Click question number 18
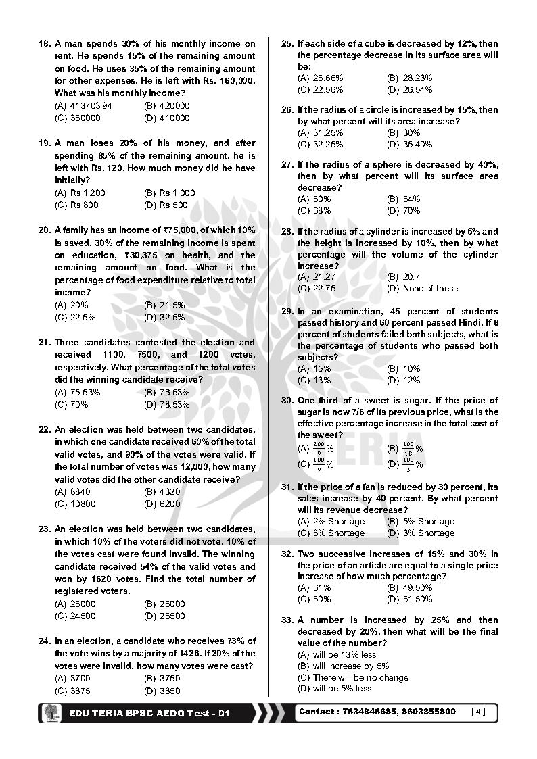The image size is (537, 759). point(45,44)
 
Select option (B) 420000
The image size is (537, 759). point(166,106)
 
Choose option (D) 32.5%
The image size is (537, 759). point(164,317)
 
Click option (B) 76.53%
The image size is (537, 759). point(166,393)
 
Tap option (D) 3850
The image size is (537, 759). point(162,691)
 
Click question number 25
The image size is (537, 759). point(287,44)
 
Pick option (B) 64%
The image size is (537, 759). point(403,199)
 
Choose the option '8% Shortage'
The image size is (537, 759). point(331,533)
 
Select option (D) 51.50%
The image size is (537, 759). point(409,599)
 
